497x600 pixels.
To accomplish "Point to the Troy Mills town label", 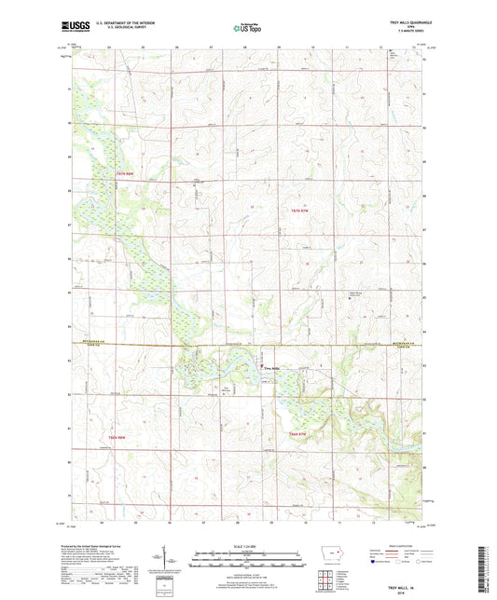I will tap(271, 369).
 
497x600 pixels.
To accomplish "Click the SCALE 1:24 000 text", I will tap(248, 547).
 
